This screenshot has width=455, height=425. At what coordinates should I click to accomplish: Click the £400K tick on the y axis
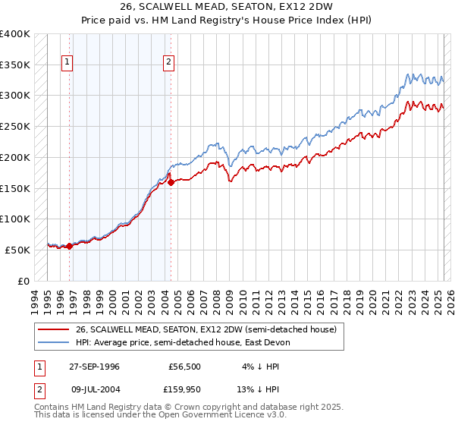[x=15, y=34]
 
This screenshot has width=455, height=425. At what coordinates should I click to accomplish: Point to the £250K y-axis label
[x=15, y=127]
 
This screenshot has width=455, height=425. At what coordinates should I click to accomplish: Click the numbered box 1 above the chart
[x=68, y=63]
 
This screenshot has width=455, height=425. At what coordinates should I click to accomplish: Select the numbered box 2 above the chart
[x=168, y=63]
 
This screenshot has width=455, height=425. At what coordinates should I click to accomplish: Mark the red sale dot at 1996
[x=69, y=246]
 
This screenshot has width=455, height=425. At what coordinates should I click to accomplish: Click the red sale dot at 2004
[x=171, y=182]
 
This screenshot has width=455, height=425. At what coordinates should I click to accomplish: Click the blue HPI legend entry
[x=183, y=342]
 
